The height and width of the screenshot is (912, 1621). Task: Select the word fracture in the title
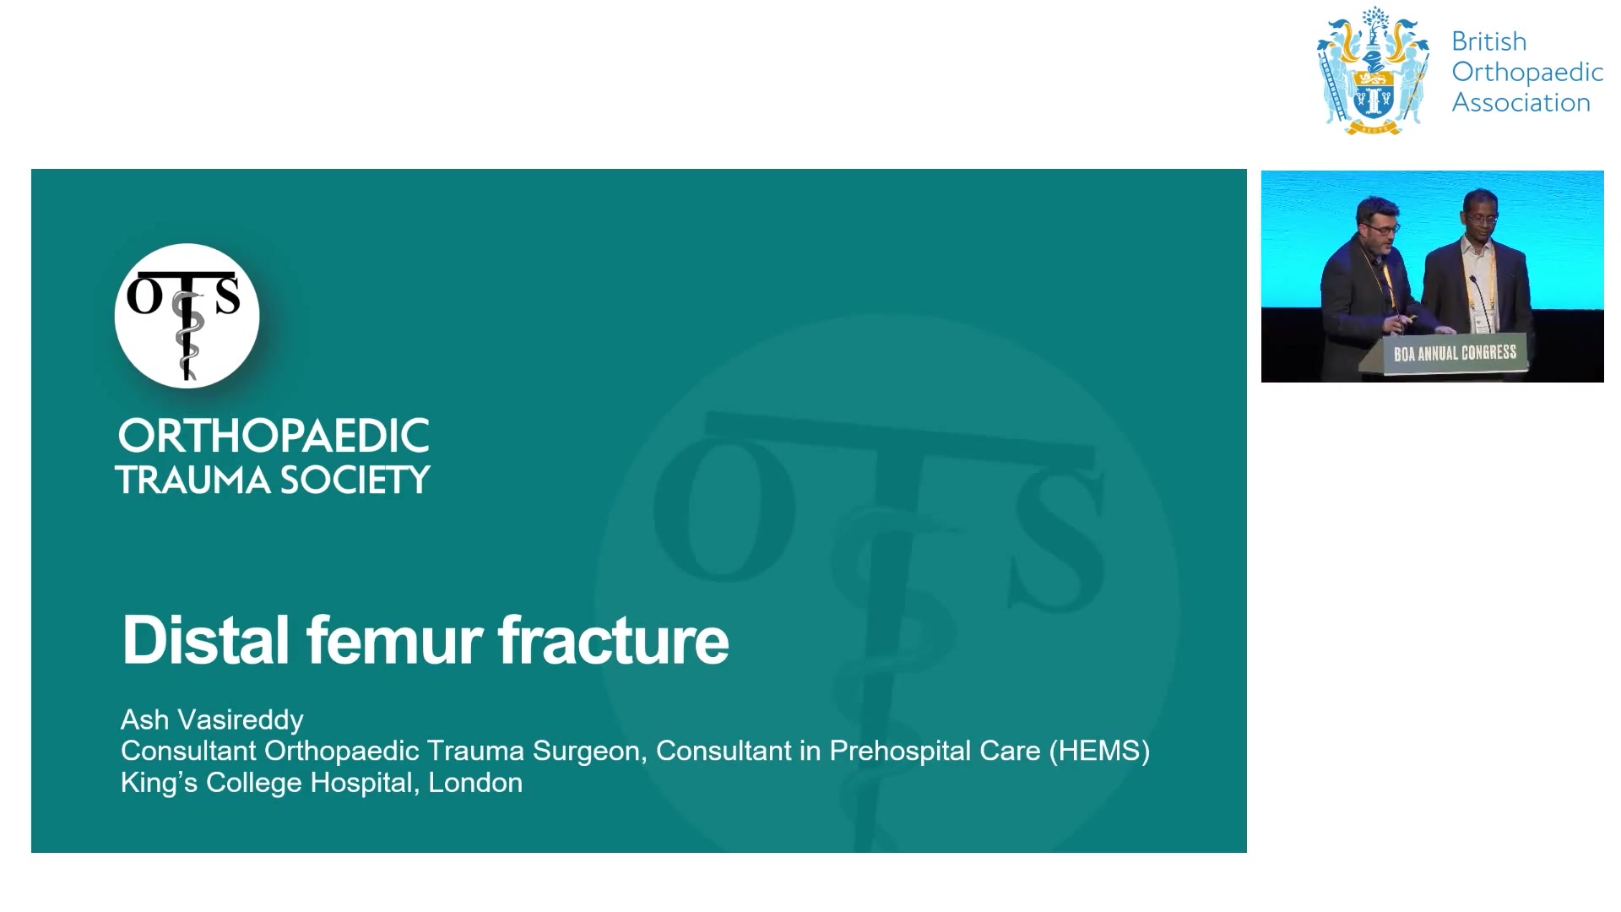(613, 639)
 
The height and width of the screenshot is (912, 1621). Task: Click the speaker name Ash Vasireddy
(212, 719)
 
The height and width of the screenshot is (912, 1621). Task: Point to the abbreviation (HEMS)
(1099, 751)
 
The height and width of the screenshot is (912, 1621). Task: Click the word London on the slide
(475, 782)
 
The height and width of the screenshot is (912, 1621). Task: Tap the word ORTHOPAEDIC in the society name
(274, 436)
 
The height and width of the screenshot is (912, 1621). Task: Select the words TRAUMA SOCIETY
(273, 480)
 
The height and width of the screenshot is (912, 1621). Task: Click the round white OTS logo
(187, 316)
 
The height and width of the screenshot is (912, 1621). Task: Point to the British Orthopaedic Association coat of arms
(1374, 71)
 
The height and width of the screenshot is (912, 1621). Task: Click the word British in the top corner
(1489, 41)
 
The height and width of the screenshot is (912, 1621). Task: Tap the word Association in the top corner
(1521, 102)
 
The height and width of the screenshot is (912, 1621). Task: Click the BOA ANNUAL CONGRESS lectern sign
(1455, 353)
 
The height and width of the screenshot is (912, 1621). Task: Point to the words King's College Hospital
(270, 782)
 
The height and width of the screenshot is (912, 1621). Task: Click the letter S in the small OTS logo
(226, 296)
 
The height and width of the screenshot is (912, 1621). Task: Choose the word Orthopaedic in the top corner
(1527, 72)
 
